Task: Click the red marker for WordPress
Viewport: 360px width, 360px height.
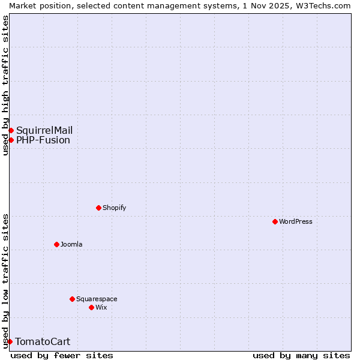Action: [275, 221]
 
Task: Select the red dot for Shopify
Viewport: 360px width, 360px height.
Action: [98, 208]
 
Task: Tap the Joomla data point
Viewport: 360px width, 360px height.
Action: [56, 244]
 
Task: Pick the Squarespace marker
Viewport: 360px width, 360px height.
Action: [72, 299]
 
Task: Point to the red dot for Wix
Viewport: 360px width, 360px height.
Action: [91, 307]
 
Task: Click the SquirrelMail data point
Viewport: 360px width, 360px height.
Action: [11, 130]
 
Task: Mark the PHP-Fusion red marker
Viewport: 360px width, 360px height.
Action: [11, 140]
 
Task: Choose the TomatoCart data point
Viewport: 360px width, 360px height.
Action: [10, 341]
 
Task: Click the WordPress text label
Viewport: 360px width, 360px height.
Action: [296, 221]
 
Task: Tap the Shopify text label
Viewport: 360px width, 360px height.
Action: [114, 208]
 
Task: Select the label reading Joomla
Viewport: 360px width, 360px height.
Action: [71, 244]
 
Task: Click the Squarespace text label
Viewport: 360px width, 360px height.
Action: [97, 299]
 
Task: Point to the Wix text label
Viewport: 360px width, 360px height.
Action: [101, 307]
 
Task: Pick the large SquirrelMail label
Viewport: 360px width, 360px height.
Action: [44, 130]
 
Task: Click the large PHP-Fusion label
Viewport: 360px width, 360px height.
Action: [43, 140]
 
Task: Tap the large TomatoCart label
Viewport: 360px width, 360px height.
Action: [43, 341]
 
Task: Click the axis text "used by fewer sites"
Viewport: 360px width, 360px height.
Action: [62, 355]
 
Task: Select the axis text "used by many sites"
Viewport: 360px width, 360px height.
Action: [301, 355]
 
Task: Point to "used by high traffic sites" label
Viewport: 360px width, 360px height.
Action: [5, 85]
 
